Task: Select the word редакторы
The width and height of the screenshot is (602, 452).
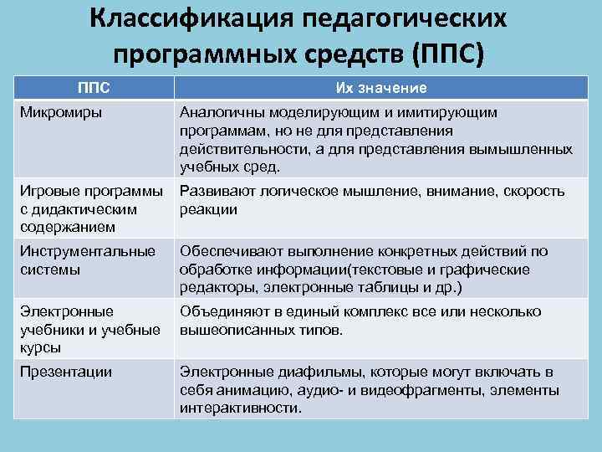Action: pos(209,288)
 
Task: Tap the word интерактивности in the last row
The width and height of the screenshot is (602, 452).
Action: pos(237,408)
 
